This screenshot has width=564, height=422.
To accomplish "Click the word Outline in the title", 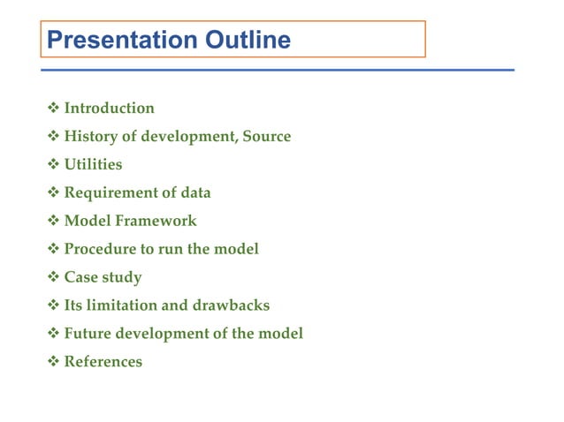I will point(248,40).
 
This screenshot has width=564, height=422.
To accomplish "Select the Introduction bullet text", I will point(109,109).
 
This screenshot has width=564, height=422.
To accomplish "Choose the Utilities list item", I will point(93,165).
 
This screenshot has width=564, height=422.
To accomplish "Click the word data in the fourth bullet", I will point(195,193).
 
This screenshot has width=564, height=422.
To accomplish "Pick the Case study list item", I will point(103,278).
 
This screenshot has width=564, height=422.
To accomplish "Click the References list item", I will point(103,362).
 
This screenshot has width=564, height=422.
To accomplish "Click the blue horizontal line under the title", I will point(278,69).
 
